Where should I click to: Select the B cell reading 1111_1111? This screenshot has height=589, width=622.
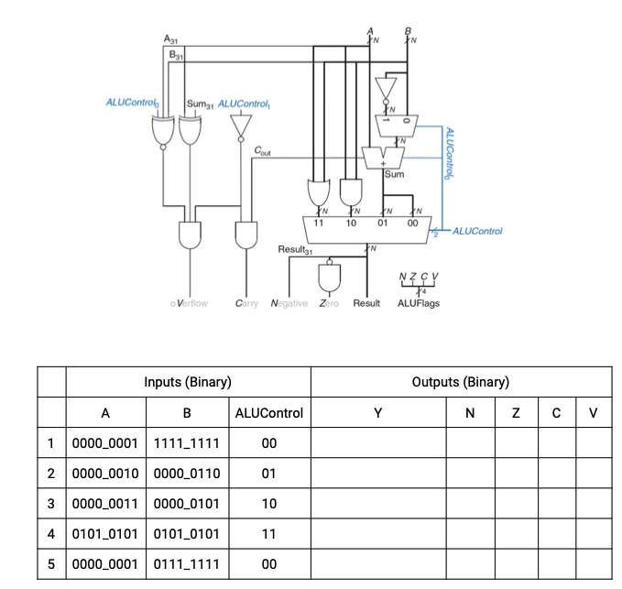187,443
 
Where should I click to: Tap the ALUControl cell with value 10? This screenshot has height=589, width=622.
268,504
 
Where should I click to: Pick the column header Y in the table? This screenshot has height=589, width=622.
378,413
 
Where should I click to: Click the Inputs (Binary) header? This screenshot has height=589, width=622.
187,382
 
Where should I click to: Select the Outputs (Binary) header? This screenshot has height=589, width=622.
461,382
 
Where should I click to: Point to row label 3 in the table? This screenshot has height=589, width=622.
52,504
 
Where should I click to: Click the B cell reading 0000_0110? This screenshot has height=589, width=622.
187,474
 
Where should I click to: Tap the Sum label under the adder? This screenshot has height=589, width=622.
395,173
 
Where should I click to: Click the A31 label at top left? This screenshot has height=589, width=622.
170,39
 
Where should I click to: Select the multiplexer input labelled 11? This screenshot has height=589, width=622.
320,222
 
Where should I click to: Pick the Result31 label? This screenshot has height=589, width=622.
295,249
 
